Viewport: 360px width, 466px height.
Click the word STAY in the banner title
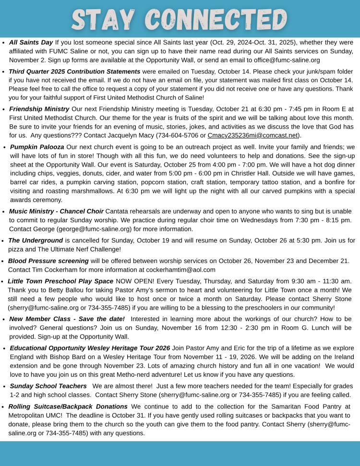click(103, 19)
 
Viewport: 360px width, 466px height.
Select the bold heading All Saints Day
click(31, 42)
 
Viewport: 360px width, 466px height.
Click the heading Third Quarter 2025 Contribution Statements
click(74, 71)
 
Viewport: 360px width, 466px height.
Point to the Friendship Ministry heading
click(39, 109)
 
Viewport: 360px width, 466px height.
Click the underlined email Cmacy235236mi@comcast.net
click(252, 135)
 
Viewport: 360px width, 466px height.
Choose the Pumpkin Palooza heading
click(37, 146)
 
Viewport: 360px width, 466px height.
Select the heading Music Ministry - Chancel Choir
click(56, 211)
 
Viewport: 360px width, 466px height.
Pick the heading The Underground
click(36, 240)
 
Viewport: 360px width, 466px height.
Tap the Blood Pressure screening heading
click(48, 261)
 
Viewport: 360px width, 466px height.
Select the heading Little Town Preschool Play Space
click(60, 281)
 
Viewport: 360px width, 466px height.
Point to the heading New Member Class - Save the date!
click(67, 319)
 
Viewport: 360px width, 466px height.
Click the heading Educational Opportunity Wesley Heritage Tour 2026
click(90, 348)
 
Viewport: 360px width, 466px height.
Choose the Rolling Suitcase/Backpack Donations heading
click(68, 406)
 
